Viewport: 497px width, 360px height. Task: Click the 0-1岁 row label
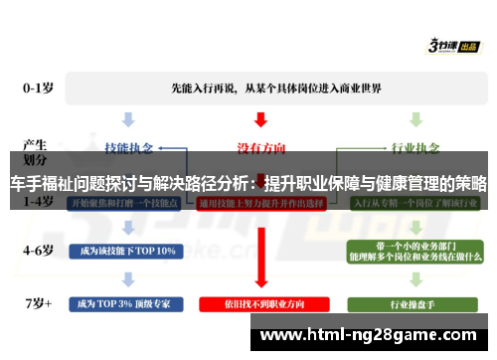coord(39,88)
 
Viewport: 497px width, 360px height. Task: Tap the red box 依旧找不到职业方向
coord(260,301)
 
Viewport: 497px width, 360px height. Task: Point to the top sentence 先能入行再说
coord(261,88)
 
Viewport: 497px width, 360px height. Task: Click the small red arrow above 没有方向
coord(260,118)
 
